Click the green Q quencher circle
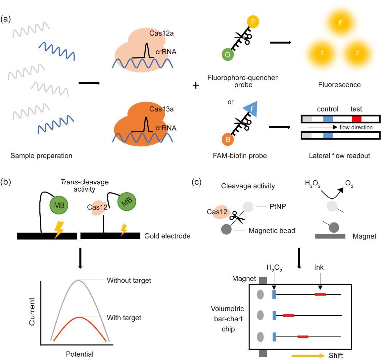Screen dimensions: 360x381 click(x=228, y=54)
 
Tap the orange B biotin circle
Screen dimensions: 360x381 click(x=228, y=139)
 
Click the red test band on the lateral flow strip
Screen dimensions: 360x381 click(x=357, y=119)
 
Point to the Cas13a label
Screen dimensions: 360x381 click(x=161, y=109)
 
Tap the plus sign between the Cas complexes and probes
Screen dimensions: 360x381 click(x=196, y=86)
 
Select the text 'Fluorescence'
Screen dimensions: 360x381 click(x=339, y=85)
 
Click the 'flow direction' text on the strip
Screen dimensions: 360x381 click(x=356, y=127)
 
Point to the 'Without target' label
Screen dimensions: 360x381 click(x=129, y=281)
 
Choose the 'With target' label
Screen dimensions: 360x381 click(x=124, y=318)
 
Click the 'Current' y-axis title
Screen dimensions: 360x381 click(x=32, y=311)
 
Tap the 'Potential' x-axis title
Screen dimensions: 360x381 click(x=79, y=354)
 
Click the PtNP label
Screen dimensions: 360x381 click(x=278, y=206)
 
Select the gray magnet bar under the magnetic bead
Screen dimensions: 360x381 click(x=330, y=236)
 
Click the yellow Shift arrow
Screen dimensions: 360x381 click(x=308, y=356)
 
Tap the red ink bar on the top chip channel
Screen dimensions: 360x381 click(x=320, y=294)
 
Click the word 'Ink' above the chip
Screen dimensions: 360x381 click(x=319, y=267)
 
